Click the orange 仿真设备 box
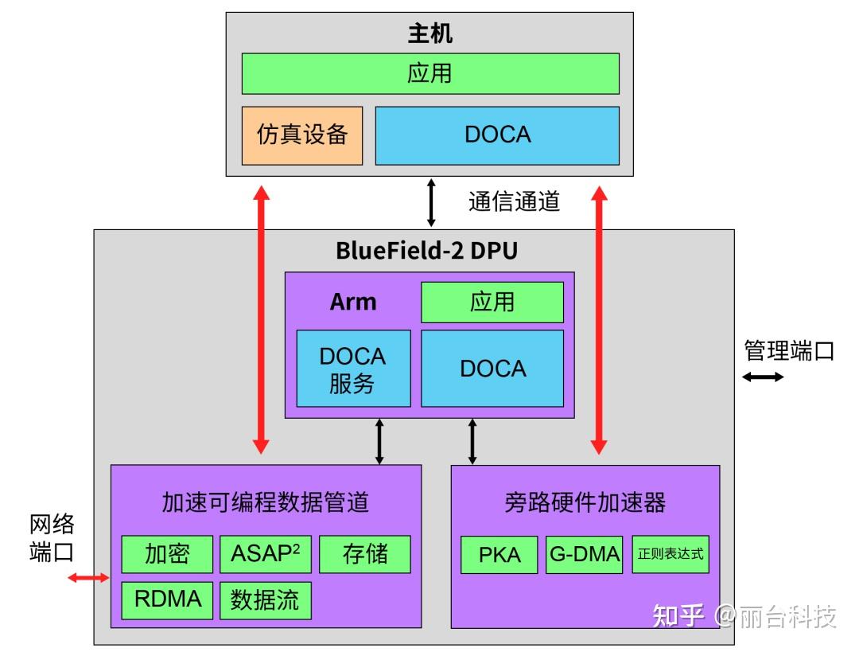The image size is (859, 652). (x=302, y=135)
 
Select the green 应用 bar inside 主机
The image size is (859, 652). (x=430, y=73)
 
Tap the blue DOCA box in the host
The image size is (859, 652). (x=497, y=135)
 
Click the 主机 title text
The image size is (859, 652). (x=430, y=33)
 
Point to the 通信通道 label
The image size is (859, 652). (x=514, y=201)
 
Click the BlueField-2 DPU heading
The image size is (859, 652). (x=426, y=251)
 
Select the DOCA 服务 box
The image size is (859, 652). (x=353, y=369)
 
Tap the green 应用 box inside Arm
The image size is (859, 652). (x=492, y=302)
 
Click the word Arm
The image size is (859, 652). (x=353, y=303)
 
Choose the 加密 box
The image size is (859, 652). (x=167, y=553)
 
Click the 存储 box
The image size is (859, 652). (x=365, y=553)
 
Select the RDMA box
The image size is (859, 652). (x=167, y=599)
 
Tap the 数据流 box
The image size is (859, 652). (x=266, y=599)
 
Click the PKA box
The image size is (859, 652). (x=499, y=554)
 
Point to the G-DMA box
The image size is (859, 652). (x=585, y=554)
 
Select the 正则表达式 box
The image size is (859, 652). (x=670, y=554)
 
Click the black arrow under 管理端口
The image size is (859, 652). (x=763, y=377)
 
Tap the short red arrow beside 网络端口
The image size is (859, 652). (x=88, y=577)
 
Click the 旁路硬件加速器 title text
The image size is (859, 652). (x=585, y=502)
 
